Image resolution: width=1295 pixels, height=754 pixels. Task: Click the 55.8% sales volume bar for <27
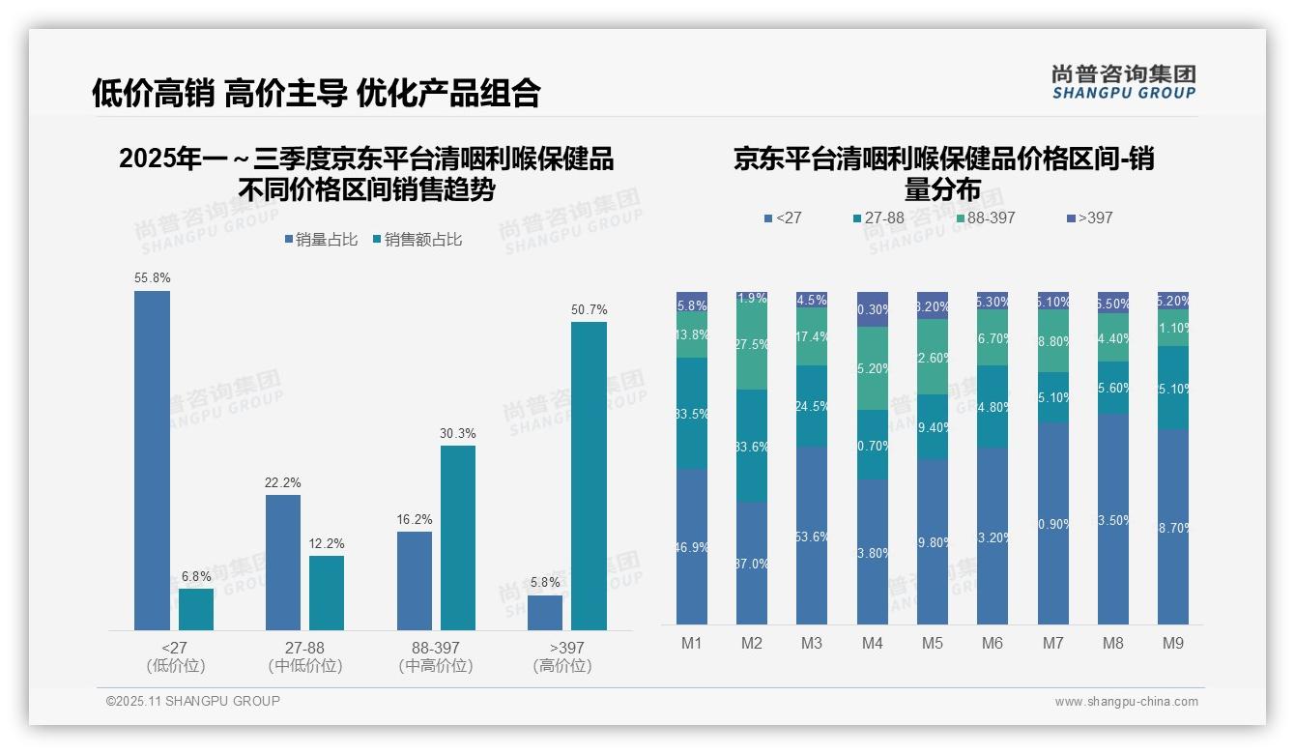click(x=152, y=460)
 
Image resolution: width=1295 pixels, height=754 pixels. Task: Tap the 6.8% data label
click(x=196, y=577)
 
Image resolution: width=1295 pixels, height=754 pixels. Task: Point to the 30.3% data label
click(x=458, y=434)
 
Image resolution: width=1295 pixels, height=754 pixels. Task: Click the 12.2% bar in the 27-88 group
click(x=327, y=593)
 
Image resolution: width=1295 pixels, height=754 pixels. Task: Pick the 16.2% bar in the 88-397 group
click(x=415, y=580)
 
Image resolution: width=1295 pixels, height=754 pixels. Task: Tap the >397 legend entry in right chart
click(x=1089, y=218)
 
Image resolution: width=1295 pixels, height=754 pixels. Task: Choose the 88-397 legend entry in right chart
click(x=985, y=218)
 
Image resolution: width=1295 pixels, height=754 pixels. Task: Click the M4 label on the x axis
click(x=872, y=643)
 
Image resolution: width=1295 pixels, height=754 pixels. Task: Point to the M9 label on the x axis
click(x=1172, y=643)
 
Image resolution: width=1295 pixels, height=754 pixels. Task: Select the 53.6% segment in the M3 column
click(x=812, y=535)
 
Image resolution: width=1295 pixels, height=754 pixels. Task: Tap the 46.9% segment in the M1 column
click(x=692, y=546)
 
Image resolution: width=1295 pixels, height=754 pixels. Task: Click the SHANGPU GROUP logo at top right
click(x=1123, y=82)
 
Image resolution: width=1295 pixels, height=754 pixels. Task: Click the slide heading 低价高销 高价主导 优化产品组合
click(x=316, y=93)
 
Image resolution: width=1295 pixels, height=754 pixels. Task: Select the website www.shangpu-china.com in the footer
click(x=1126, y=702)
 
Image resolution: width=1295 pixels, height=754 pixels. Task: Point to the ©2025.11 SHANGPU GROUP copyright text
click(x=193, y=701)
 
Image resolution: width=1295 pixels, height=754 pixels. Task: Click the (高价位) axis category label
click(x=562, y=666)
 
